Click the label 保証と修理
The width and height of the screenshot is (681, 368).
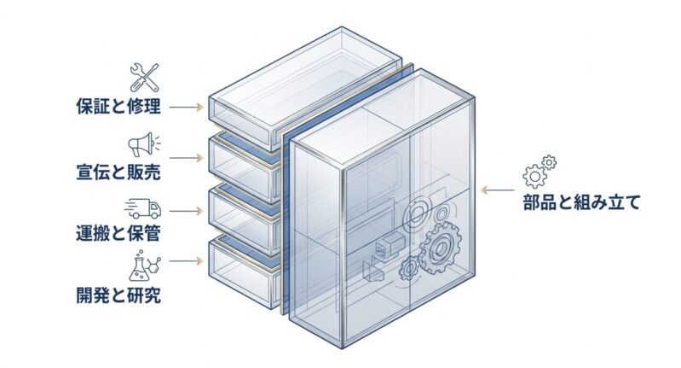click(x=118, y=107)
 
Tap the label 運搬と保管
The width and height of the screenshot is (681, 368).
click(x=118, y=233)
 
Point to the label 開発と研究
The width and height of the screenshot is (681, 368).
click(x=118, y=295)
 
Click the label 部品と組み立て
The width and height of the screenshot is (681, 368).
click(x=581, y=202)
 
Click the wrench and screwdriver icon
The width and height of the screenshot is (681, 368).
click(x=145, y=77)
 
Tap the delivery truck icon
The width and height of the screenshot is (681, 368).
click(x=143, y=209)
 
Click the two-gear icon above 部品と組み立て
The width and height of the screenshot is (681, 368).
click(x=539, y=172)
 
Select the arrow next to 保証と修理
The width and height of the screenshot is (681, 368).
click(x=187, y=107)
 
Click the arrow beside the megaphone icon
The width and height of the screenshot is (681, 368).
click(x=187, y=158)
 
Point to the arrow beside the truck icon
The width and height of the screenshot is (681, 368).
click(x=187, y=211)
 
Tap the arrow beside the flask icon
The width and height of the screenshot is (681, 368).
click(x=187, y=261)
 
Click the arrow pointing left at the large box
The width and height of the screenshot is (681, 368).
click(x=498, y=190)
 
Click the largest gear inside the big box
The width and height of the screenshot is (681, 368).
click(x=441, y=248)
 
